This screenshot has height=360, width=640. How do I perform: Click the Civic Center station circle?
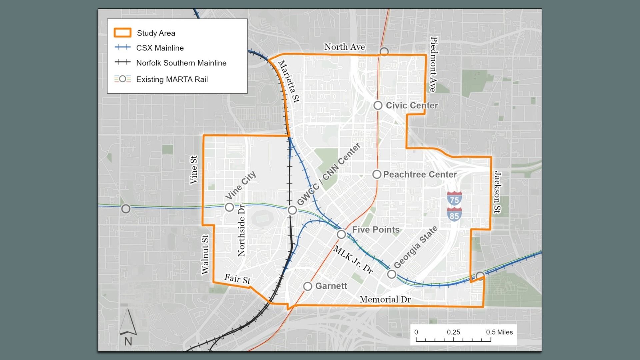tap(378, 105)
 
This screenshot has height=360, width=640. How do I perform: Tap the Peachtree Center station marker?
tap(377, 174)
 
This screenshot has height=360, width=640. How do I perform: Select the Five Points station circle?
tap(341, 234)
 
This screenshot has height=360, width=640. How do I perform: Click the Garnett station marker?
tap(308, 286)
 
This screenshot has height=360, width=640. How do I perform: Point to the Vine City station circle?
tap(229, 207)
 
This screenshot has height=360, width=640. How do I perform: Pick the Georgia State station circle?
tap(392, 274)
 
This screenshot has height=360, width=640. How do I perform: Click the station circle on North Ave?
tap(384, 52)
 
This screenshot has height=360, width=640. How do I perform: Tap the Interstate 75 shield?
tap(454, 198)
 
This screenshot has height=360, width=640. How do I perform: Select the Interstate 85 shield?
tap(454, 214)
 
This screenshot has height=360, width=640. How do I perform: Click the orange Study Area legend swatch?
tap(122, 33)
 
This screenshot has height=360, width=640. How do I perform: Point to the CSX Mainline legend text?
tap(160, 48)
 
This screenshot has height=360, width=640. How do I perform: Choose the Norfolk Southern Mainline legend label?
tap(181, 63)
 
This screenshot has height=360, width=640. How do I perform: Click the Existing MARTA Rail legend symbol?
tap(122, 79)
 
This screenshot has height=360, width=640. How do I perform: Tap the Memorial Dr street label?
tap(385, 299)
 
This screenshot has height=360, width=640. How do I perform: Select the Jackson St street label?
tap(498, 192)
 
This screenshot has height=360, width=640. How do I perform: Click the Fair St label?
tap(237, 279)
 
